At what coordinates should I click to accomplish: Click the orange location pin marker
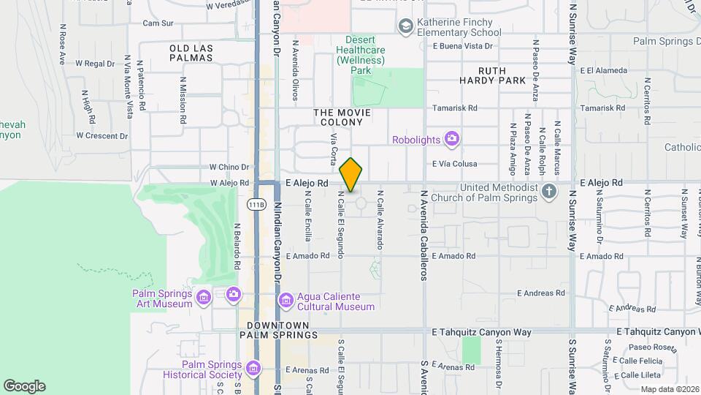(x=351, y=175)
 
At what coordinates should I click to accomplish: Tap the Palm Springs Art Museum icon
(x=203, y=296)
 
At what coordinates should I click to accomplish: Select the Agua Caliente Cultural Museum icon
(x=286, y=300)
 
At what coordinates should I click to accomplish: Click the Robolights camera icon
(x=452, y=138)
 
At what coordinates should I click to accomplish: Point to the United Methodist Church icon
(x=551, y=192)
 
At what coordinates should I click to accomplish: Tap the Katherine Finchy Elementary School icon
(x=405, y=27)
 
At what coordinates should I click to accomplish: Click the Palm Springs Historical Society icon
(x=253, y=367)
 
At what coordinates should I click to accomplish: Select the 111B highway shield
(x=256, y=203)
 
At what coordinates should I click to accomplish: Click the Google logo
(x=24, y=385)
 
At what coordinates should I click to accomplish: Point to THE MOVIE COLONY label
(x=342, y=118)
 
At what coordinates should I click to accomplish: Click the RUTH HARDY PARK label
(x=493, y=75)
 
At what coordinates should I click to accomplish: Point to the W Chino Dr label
(x=229, y=167)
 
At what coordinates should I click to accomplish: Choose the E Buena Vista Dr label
(x=463, y=45)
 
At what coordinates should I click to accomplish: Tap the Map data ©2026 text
(x=670, y=389)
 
